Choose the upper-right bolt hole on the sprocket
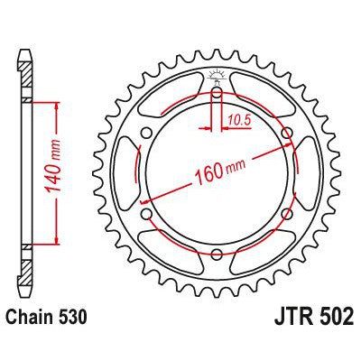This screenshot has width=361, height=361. [x=287, y=134]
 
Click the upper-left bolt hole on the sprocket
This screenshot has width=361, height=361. [x=146, y=134]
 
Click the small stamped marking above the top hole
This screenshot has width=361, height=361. [x=217, y=75]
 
